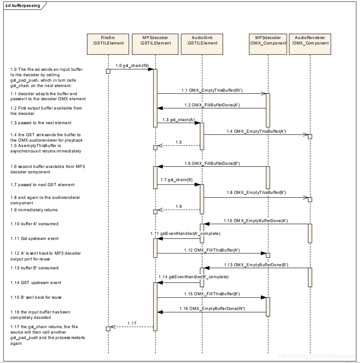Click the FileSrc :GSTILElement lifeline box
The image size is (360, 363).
pos(108,40)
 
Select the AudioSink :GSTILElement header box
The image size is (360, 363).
pos(202,40)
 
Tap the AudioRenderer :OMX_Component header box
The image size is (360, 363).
pos(310,40)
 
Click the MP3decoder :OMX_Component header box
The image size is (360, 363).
pos(268,40)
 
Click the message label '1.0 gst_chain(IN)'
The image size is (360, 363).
pos(132,66)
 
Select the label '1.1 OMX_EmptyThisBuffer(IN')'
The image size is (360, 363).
pos(212,90)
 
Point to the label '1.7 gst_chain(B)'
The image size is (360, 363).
pos(176,180)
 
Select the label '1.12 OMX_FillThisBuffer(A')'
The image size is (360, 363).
pos(212,250)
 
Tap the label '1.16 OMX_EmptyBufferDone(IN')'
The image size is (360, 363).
pos(212,309)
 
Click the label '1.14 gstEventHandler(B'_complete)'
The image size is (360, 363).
pos(193,277)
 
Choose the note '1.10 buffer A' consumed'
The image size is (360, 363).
pos(34,224)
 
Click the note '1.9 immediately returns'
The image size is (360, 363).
pos(34,210)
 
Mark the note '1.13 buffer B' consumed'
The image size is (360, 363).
pos(34,268)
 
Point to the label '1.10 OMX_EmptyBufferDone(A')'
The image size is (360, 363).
pos(255,221)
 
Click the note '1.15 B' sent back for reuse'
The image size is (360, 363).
pos(36,297)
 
